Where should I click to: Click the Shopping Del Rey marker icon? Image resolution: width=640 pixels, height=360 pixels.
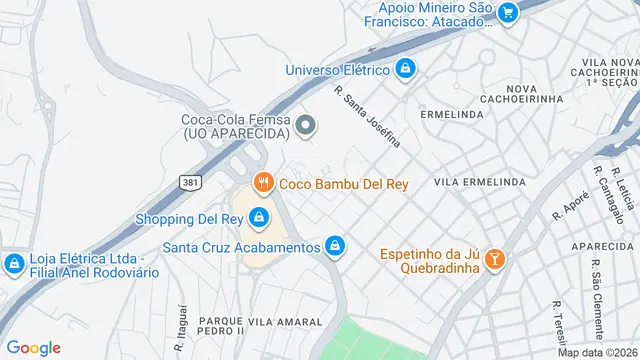click(259, 217)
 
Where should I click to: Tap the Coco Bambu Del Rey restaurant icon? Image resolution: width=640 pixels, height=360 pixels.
click(264, 182)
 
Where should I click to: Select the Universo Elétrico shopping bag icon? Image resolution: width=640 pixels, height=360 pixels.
click(406, 69)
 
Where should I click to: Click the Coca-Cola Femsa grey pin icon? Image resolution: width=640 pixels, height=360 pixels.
click(307, 125)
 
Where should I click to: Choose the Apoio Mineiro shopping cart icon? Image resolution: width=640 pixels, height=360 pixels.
click(508, 12)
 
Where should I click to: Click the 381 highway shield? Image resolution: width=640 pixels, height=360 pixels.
click(190, 182)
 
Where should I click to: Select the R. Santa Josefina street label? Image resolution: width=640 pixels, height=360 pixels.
click(367, 116)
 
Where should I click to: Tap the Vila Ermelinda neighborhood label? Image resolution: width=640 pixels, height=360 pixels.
click(481, 182)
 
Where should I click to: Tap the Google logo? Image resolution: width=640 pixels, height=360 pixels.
click(33, 347)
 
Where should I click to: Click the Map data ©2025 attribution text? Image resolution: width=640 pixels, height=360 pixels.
click(597, 352)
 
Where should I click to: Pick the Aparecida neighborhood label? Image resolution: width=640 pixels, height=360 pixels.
click(604, 245)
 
